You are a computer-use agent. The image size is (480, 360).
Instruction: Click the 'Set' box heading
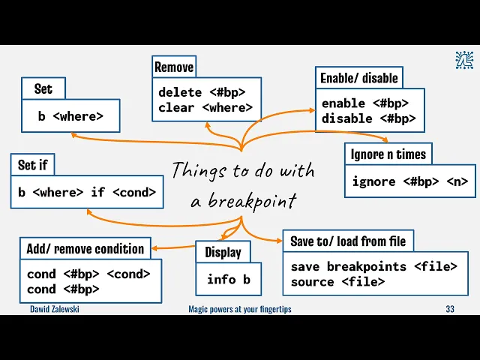coord(43,89)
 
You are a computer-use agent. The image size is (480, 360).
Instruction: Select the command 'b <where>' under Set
coord(70,116)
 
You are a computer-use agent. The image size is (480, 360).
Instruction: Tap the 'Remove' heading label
coord(174,67)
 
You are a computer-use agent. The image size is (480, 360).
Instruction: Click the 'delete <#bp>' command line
coord(202,92)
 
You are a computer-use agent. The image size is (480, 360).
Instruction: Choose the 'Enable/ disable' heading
coord(359,78)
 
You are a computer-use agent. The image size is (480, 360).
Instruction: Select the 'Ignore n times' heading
coord(388,154)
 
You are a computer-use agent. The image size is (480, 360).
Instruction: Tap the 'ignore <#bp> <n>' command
coord(409,181)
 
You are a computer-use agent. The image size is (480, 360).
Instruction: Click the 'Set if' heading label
coord(33,164)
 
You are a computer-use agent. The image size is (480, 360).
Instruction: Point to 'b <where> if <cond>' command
coord(87,192)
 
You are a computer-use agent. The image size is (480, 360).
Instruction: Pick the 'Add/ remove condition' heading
coord(85,248)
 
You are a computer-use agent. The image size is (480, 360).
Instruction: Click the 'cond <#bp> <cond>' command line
coord(88,274)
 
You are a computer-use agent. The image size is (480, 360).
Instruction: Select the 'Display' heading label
coord(223,252)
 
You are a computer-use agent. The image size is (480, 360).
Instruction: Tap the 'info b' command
coord(228,279)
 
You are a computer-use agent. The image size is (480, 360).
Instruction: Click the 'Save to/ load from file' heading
coord(348,241)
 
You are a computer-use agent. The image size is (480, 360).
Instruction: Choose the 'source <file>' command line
coord(337,281)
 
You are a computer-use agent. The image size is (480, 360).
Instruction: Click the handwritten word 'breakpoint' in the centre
coord(252,201)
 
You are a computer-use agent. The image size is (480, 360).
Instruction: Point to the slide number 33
coord(450,309)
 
